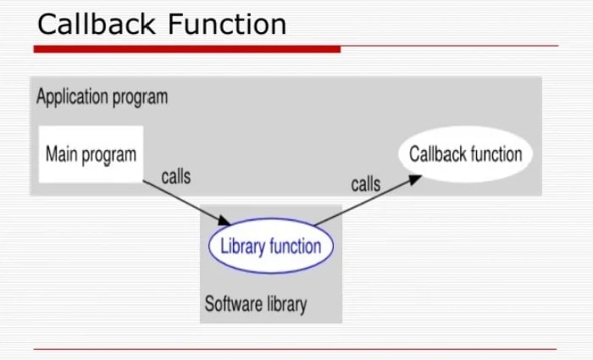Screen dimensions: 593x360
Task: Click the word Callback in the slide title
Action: point(97,25)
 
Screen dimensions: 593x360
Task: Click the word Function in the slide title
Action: point(227,25)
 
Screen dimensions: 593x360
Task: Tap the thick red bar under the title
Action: point(187,49)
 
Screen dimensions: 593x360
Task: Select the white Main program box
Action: point(91,154)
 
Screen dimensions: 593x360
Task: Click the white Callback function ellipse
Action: point(466,154)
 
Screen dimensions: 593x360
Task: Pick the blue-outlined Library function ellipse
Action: point(271,246)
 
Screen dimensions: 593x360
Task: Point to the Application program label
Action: point(103,97)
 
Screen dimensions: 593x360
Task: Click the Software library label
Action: point(256,304)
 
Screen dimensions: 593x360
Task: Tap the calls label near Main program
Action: point(176,176)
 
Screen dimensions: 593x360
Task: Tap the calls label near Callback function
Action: point(366,184)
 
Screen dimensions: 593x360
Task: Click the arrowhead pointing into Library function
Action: point(224,220)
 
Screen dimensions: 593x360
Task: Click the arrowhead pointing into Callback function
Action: point(414,180)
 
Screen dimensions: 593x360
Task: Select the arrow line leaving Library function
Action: point(368,200)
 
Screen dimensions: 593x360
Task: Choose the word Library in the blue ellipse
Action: point(243,246)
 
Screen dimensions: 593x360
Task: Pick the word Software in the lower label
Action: point(233,303)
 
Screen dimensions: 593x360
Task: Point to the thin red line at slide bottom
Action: point(295,349)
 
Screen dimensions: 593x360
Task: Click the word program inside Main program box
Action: point(108,155)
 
